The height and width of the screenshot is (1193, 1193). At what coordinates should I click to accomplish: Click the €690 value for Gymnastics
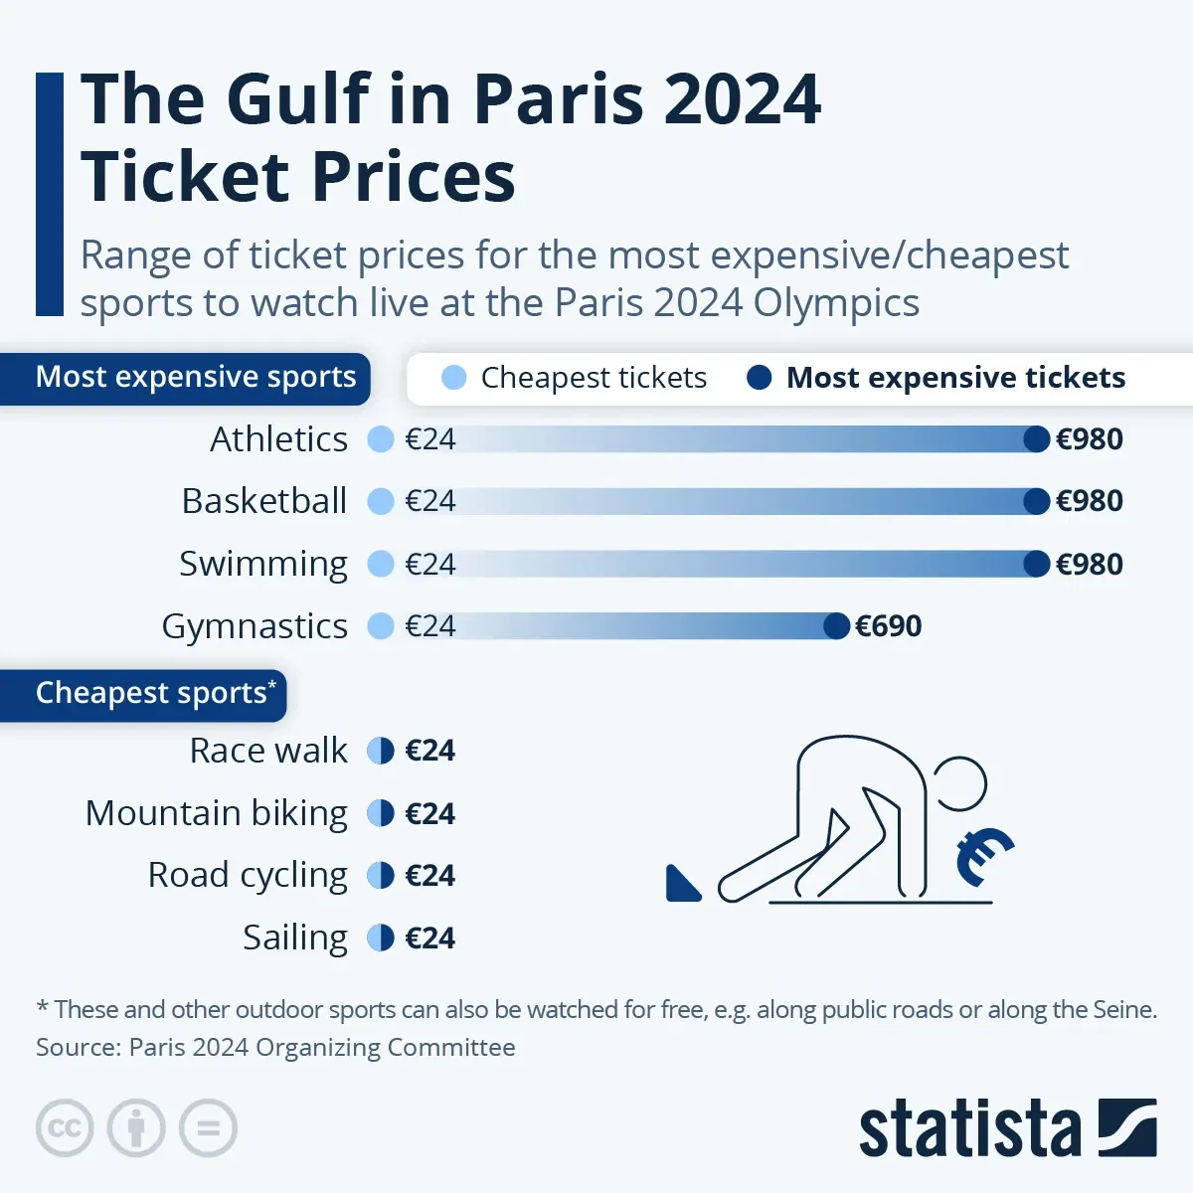pos(888,626)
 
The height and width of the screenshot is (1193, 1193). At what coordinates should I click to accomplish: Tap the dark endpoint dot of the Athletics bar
pos(1036,439)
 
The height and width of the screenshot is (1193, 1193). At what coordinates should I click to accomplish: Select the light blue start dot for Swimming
pos(381,565)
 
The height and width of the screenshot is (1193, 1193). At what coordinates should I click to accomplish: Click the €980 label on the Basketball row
pos(1089,501)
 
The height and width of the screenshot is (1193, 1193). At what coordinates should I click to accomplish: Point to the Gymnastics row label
pos(255,626)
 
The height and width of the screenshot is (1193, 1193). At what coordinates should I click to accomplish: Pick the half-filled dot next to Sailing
pos(381,937)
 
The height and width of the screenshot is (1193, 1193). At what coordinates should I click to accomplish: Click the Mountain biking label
pos(217,813)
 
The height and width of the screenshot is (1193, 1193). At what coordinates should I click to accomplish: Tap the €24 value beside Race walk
pos(429,751)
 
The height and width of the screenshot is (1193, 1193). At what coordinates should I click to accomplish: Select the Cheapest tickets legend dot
pos(453,378)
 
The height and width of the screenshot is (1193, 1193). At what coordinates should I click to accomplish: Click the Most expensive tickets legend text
pos(955,378)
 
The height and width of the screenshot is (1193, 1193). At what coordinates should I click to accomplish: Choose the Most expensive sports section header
pos(195,378)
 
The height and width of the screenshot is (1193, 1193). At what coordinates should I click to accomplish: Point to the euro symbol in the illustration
pos(982,856)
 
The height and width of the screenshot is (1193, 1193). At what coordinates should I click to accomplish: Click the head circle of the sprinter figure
pos(959,784)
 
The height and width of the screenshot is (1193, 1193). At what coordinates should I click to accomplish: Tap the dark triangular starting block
pos(682,884)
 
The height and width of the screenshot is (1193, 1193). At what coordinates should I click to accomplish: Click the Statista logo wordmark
pos(969,1129)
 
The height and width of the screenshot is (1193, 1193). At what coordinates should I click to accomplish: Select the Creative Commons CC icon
pos(65,1128)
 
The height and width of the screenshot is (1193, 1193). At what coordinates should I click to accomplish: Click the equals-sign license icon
pos(209,1128)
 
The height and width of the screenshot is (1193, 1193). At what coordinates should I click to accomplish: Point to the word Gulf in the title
pos(297,99)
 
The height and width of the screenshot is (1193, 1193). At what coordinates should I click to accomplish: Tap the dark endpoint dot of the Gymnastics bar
pos(837,626)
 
